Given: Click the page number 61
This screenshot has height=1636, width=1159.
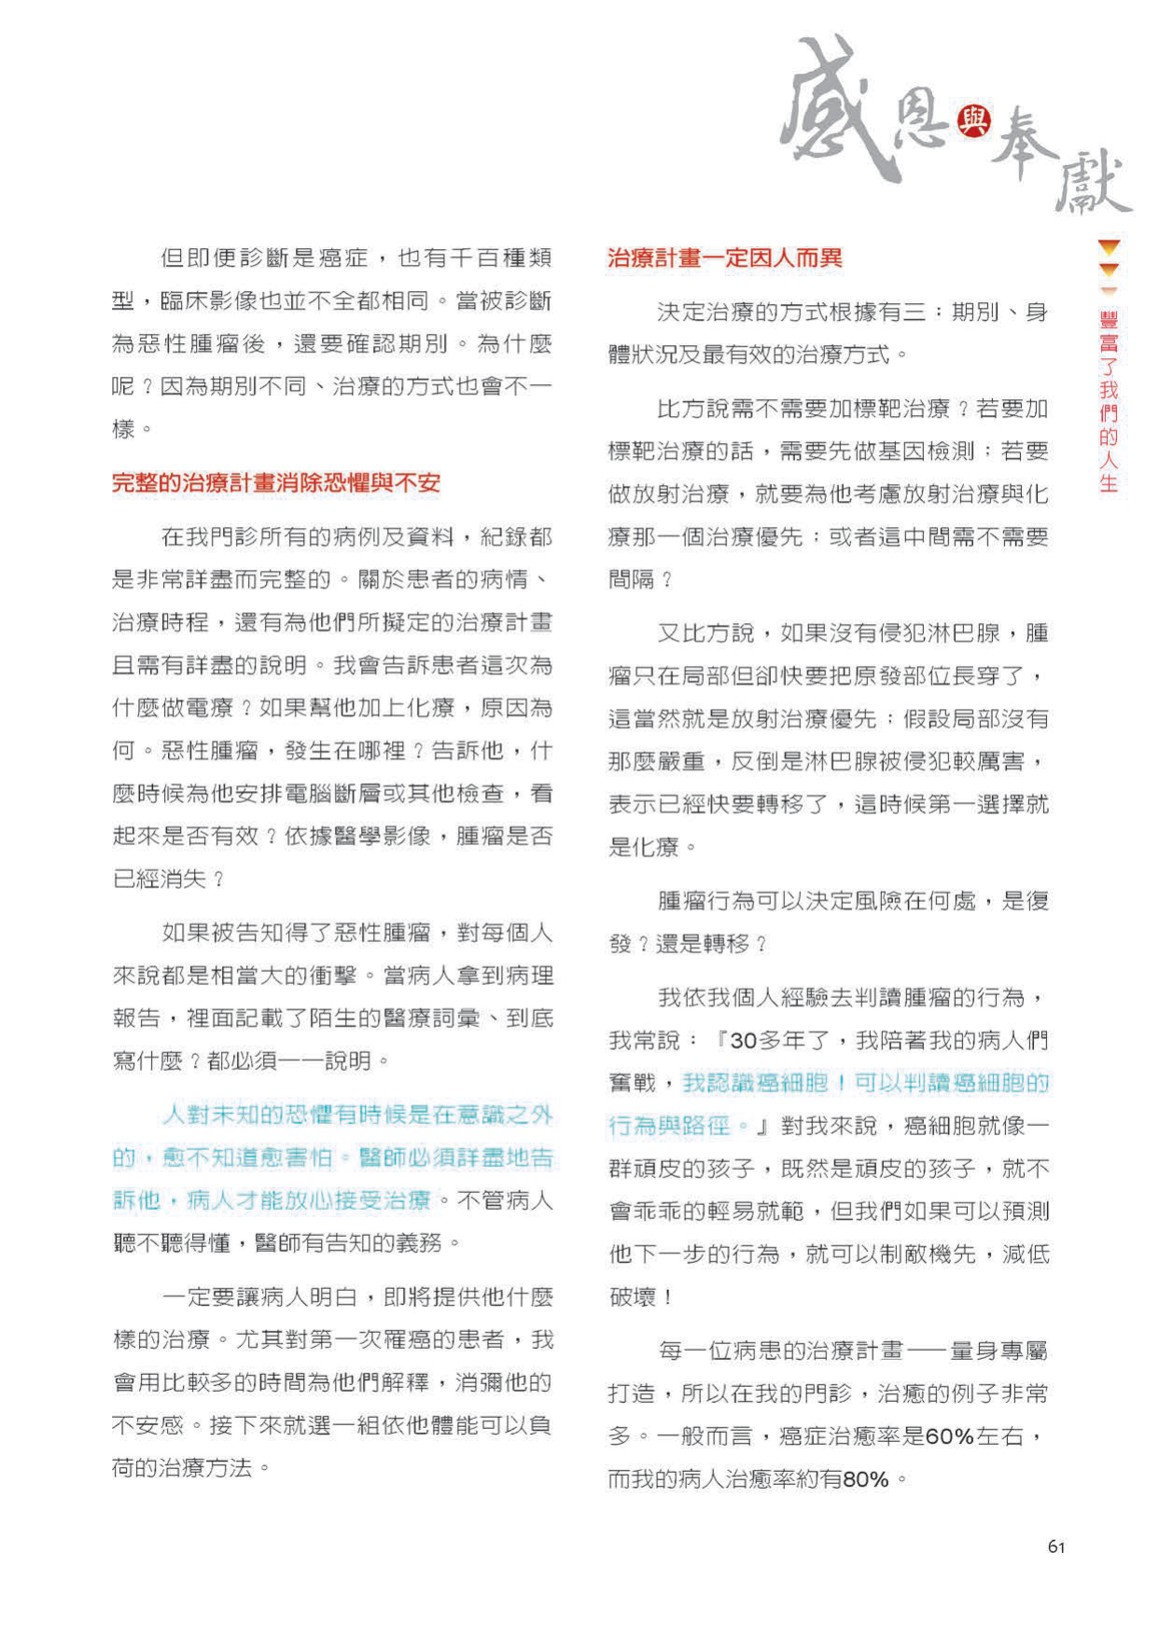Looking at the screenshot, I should point(1056,1546).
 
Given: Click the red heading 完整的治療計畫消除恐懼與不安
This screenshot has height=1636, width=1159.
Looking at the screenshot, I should point(275,483).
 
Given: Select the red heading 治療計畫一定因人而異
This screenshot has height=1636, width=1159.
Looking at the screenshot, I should point(724,258).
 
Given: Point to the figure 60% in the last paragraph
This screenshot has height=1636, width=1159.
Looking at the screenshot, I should point(950,1436).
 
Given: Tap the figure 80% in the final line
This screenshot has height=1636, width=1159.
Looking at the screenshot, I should point(865,1479).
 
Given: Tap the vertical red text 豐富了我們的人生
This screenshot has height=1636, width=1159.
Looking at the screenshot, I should point(1109,401).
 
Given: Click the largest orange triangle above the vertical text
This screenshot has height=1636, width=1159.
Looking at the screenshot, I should point(1109,248).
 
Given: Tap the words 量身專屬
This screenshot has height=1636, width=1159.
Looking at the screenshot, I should point(998,1351).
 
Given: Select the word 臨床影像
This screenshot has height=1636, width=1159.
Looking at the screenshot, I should point(209,301).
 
